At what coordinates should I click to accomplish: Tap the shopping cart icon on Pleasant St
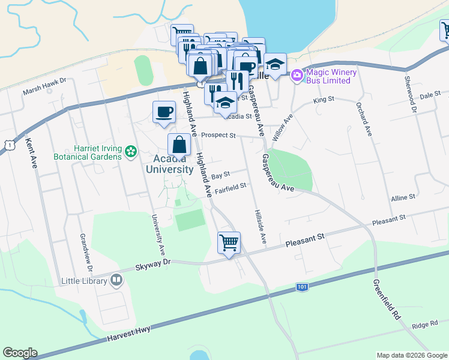[x=229, y=242]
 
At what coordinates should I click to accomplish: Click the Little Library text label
[x=85, y=280]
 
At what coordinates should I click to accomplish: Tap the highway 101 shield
[x=303, y=288]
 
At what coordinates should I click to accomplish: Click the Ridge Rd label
[x=425, y=325]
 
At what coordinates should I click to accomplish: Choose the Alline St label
[x=403, y=197]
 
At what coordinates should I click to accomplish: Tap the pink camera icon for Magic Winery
[x=296, y=76]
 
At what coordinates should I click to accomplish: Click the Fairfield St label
[x=232, y=187]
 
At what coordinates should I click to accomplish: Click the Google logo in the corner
[x=20, y=353]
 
